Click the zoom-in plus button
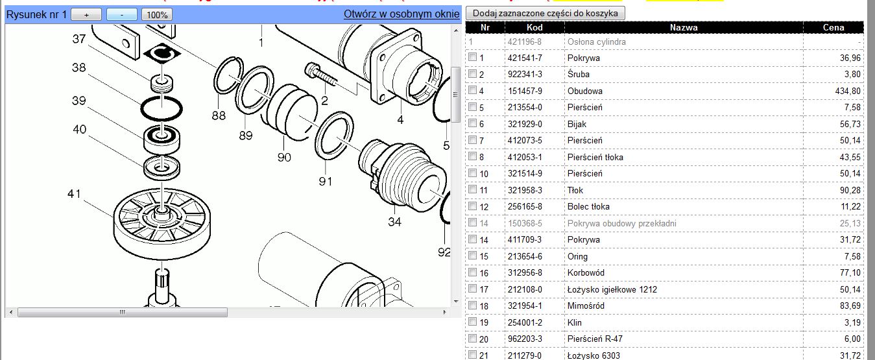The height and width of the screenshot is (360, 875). (x=86, y=15)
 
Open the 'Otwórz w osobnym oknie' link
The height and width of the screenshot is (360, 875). (x=401, y=14)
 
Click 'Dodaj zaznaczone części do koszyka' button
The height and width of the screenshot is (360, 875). (x=545, y=13)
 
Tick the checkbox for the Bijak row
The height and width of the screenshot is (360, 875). (x=473, y=123)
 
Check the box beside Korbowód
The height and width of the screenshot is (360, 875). (x=473, y=272)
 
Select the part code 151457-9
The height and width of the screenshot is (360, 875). (x=525, y=91)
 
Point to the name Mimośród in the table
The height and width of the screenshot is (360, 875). (x=586, y=306)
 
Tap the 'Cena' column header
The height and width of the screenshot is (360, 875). (x=833, y=28)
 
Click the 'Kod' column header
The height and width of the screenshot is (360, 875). (x=534, y=28)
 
